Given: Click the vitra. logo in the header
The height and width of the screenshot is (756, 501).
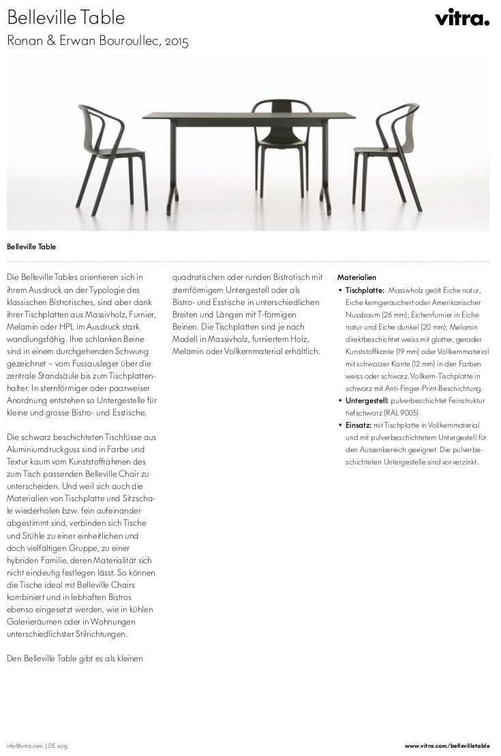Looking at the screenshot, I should click(x=462, y=18).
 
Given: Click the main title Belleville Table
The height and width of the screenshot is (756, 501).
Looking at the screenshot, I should click(x=66, y=18).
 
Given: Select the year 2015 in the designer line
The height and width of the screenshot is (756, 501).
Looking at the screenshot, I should click(x=177, y=42).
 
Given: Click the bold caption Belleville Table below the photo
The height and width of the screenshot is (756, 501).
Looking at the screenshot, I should click(x=31, y=247).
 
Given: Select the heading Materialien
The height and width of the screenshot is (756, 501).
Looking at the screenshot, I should click(x=356, y=278).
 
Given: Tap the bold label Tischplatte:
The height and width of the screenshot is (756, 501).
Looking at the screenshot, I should click(x=365, y=290).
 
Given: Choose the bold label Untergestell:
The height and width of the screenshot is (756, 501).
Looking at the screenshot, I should click(x=367, y=400).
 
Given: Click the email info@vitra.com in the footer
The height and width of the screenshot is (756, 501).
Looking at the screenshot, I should click(x=25, y=746).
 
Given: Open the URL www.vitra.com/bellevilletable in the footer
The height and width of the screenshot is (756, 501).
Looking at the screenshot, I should click(x=447, y=746).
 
